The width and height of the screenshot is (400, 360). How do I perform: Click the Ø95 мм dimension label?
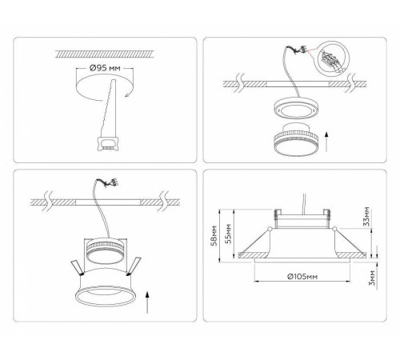coord(105,68)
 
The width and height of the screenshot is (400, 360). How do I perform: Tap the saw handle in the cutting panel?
coord(108,143)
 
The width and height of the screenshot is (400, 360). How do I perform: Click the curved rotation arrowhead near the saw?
coord(127,94)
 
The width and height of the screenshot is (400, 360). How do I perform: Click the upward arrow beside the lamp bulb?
coord(326,141)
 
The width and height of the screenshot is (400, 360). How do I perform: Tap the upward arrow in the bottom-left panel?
coord(147,302)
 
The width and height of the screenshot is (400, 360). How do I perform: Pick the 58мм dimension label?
coord(214,236)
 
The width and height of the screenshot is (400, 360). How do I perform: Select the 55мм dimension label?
coord(228,234)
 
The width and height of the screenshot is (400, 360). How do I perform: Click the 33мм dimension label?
coord(367,216)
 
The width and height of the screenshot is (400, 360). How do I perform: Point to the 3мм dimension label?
coord(372,278)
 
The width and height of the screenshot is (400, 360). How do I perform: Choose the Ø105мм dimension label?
coord(302,276)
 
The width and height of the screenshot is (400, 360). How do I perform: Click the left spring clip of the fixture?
coord(77,268)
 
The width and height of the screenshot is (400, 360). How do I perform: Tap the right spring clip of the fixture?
coord(134,266)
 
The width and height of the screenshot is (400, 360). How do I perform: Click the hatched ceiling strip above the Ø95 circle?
coord(105,54)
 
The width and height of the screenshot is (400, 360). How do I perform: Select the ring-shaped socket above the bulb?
coord(296,108)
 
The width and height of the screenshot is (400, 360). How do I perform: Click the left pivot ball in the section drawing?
coord(270,229)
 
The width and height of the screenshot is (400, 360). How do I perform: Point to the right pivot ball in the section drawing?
coord(334,228)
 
